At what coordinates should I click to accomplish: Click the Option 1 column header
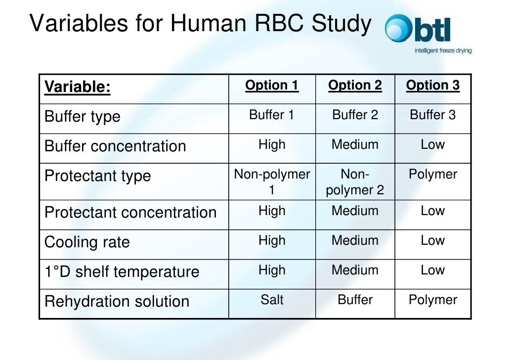(272, 86)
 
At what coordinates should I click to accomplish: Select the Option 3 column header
(433, 86)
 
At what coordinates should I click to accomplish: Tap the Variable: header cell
(78, 88)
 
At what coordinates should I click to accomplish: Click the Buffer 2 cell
(355, 115)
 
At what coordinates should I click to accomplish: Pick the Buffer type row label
(83, 117)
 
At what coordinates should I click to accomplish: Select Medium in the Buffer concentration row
(355, 145)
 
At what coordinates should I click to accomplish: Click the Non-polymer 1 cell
(272, 182)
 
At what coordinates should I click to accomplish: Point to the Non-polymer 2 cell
(355, 182)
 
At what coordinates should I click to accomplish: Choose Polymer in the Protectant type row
(433, 175)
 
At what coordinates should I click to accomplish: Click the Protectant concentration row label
(130, 213)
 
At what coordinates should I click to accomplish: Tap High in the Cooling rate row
(272, 241)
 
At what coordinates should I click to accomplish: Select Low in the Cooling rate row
(433, 241)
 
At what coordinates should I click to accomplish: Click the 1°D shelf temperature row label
(122, 272)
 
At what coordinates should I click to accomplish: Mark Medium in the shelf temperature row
(355, 270)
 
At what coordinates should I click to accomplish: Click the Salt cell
(272, 300)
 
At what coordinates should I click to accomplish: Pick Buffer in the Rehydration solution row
(355, 300)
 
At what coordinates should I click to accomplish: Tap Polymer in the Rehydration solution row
(433, 300)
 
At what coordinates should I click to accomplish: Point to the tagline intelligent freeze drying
(442, 50)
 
